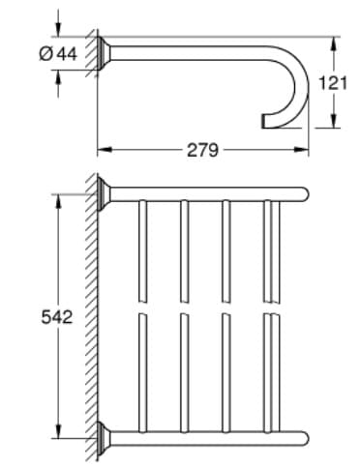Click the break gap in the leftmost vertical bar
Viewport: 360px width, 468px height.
[x=142, y=307]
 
